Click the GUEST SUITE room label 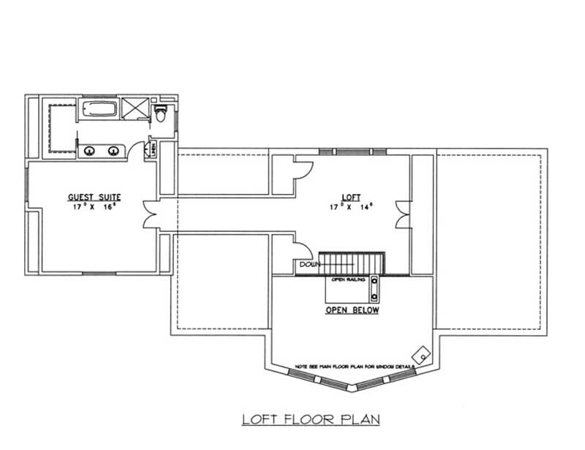(x=94, y=197)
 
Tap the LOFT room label (x=351, y=197)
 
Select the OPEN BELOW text (x=352, y=310)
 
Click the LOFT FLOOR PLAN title (x=312, y=419)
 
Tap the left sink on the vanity (x=89, y=151)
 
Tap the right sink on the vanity (x=114, y=151)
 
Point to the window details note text (x=355, y=365)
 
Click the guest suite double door (x=151, y=216)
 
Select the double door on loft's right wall (x=401, y=215)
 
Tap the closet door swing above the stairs (x=300, y=250)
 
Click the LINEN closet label (x=153, y=147)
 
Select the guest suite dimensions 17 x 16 (x=94, y=208)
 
